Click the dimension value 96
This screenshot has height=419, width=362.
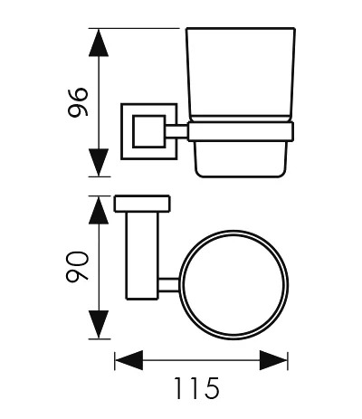[x=79, y=102]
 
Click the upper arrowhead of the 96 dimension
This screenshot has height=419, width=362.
[x=99, y=43]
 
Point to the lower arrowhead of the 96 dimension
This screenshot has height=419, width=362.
[x=99, y=163]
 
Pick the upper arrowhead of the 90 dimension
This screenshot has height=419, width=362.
[x=99, y=211]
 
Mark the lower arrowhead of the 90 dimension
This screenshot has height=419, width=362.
[x=99, y=324]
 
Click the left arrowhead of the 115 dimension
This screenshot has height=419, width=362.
[x=129, y=360]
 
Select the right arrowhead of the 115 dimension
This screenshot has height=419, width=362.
[x=273, y=360]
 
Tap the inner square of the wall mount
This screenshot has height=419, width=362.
[x=149, y=131]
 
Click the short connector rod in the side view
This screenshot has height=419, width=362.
[x=176, y=132]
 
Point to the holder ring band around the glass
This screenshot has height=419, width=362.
[x=241, y=131]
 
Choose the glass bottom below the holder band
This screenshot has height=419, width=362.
[x=240, y=159]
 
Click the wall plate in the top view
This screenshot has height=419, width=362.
[x=142, y=204]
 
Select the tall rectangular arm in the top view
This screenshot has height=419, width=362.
[x=142, y=255]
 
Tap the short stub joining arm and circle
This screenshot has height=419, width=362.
[x=169, y=285]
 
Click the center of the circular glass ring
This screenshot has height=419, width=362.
[x=233, y=285]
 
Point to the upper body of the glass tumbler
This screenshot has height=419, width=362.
[x=241, y=72]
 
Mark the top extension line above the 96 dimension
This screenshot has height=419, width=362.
[x=134, y=28]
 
